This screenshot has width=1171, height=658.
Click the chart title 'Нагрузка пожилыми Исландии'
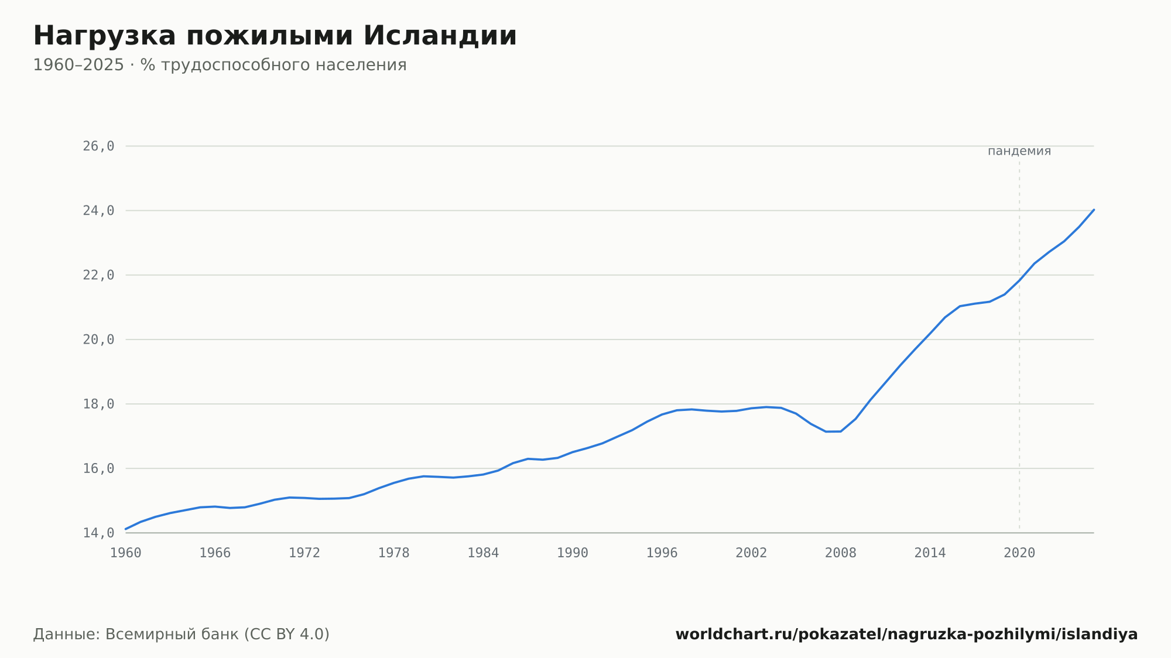click(x=275, y=36)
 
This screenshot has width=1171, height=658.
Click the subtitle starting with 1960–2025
click(x=220, y=65)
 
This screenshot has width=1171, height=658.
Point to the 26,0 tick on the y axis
click(x=98, y=146)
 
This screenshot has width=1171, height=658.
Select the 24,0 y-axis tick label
click(x=98, y=210)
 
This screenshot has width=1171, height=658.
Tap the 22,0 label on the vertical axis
click(x=98, y=275)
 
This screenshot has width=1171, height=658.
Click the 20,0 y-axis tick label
click(x=98, y=340)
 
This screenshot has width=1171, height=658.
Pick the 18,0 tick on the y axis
click(x=98, y=404)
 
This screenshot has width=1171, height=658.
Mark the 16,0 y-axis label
click(x=98, y=468)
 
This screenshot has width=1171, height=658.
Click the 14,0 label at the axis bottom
click(x=98, y=533)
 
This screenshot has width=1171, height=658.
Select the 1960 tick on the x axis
click(x=126, y=553)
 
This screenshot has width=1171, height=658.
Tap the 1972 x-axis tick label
click(x=304, y=553)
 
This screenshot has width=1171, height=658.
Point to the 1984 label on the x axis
click(x=483, y=553)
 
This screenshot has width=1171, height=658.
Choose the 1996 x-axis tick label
click(x=662, y=553)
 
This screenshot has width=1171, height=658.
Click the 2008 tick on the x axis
click(x=841, y=553)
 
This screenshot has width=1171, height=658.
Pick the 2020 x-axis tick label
click(x=1019, y=553)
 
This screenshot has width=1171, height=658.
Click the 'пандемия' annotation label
click(x=1019, y=151)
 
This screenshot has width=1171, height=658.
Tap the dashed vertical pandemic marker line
click(x=1019, y=347)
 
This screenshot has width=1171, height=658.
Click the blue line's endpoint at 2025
click(x=1094, y=210)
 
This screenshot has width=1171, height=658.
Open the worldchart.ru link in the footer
click(x=906, y=635)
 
